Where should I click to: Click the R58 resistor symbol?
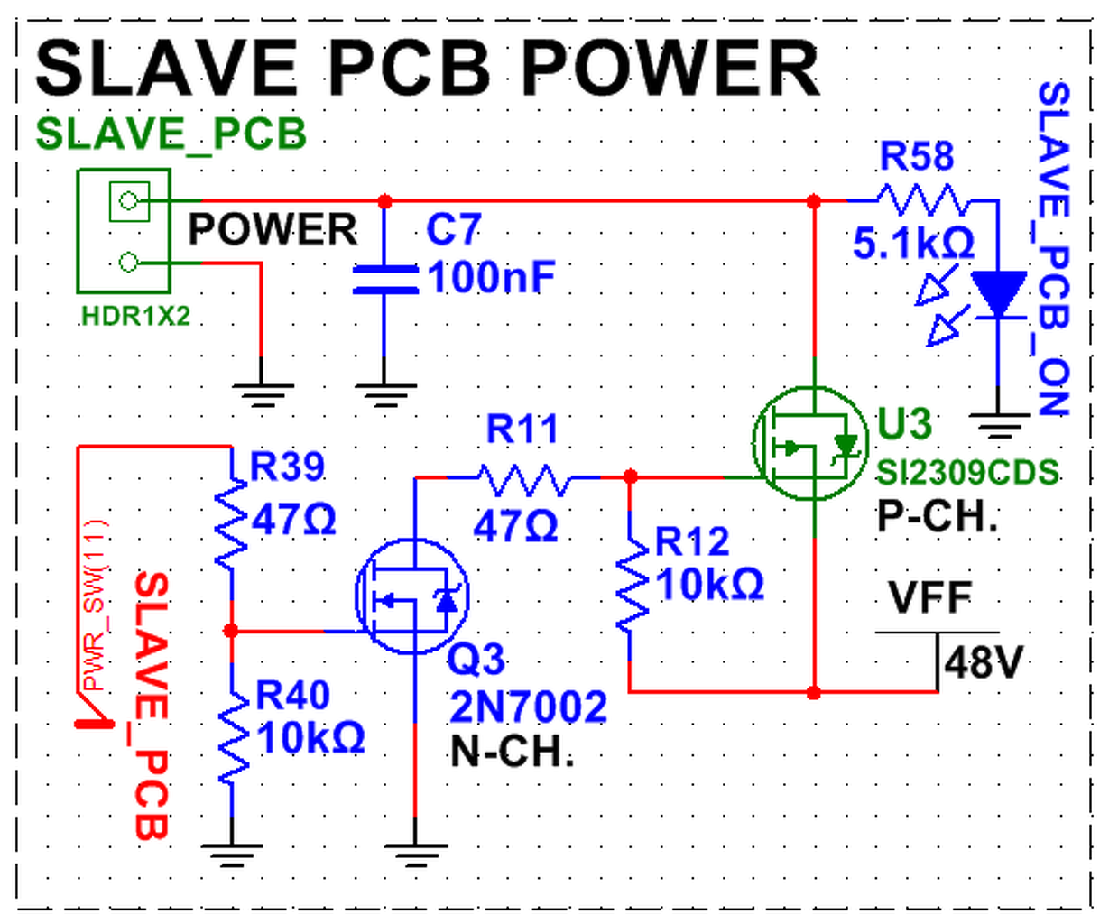[x=922, y=200]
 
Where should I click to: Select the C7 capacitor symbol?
[x=385, y=280]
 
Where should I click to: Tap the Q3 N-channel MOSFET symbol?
[x=412, y=596]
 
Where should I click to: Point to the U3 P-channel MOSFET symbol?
[x=810, y=443]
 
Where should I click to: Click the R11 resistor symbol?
[x=525, y=479]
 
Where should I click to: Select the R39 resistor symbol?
[x=231, y=522]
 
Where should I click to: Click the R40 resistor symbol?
[x=233, y=737]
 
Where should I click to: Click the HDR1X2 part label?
[x=135, y=317]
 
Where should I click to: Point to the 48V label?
[x=984, y=663]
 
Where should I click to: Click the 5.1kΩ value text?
[x=913, y=244]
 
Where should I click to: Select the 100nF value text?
[x=491, y=277]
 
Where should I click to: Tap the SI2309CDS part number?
[x=967, y=472]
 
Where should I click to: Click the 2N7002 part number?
[x=529, y=707]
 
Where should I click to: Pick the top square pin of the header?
[x=129, y=201]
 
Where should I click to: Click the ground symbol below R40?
[x=232, y=854]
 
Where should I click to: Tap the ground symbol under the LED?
[x=999, y=426]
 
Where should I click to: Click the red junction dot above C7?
[x=385, y=202]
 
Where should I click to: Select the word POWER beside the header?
[x=273, y=229]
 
